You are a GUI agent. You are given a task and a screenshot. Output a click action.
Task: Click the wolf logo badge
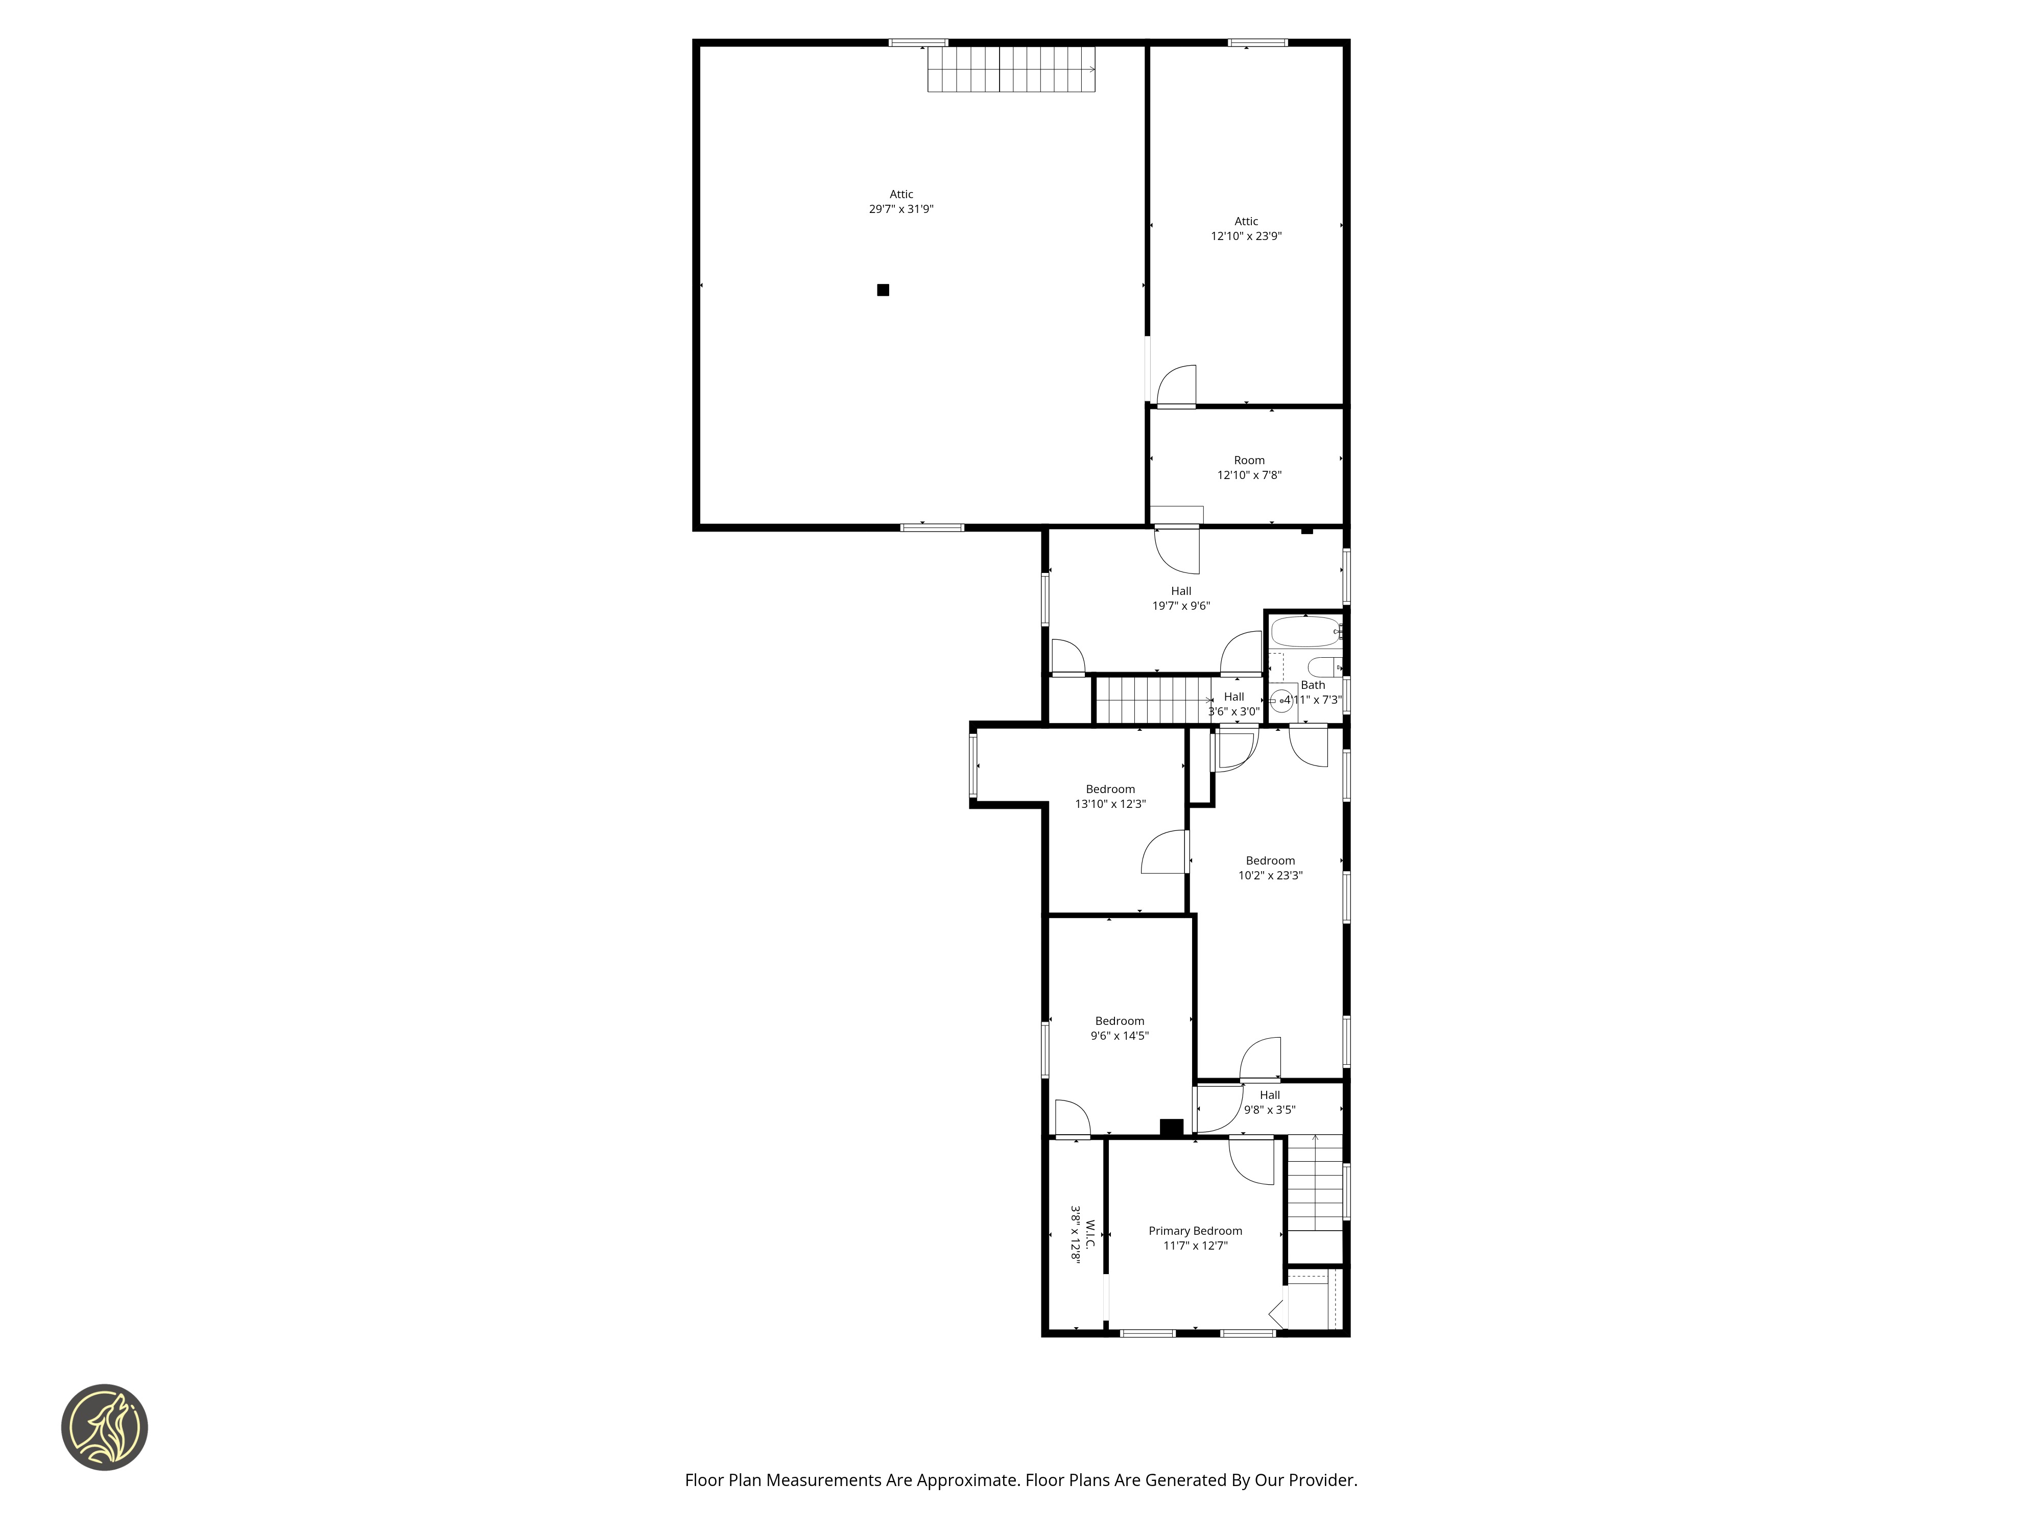point(104,1427)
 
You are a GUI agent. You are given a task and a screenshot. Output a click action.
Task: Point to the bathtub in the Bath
point(1305,633)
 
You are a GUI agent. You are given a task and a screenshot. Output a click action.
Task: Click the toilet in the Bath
point(1323,666)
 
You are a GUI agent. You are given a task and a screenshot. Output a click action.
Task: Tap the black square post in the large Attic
point(883,290)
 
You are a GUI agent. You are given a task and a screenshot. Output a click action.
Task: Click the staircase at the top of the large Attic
point(1011,69)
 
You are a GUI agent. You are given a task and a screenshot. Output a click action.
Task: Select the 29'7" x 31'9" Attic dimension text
point(901,209)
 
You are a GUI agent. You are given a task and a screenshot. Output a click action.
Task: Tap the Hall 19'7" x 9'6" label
point(1181,599)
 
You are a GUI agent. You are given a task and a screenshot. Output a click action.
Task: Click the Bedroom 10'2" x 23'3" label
point(1270,868)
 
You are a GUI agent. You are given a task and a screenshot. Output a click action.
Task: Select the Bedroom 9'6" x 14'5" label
point(1120,1028)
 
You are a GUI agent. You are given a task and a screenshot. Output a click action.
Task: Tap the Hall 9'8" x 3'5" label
point(1270,1103)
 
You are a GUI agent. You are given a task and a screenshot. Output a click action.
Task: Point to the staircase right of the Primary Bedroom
point(1315,1182)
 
